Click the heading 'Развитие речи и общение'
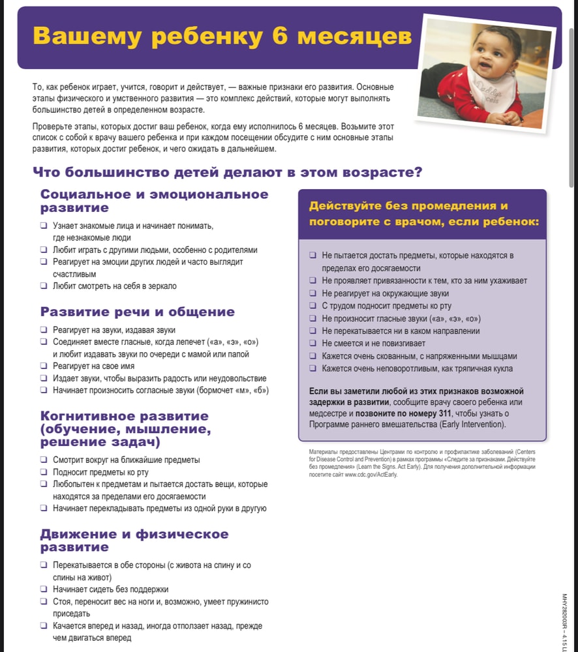[x=137, y=312]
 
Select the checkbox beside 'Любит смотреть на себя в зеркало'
[x=43, y=286]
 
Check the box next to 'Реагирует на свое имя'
[x=43, y=366]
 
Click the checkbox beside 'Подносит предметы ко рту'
[x=43, y=472]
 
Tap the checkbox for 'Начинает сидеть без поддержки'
[x=43, y=589]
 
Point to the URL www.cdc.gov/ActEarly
[x=370, y=474]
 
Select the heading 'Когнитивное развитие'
[x=124, y=416]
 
